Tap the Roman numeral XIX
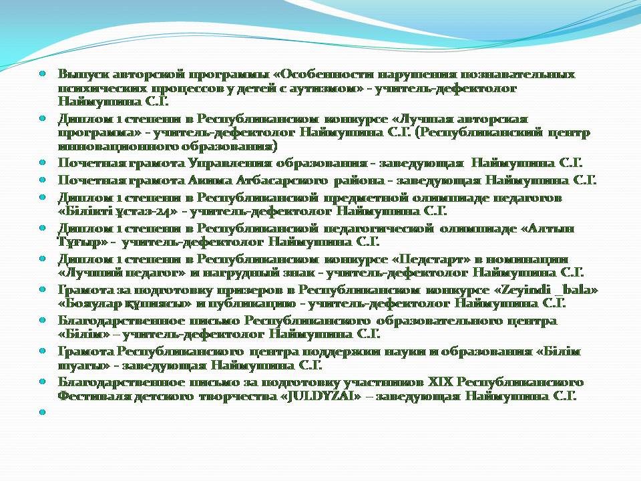click(440, 382)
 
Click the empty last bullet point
click(42, 412)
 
